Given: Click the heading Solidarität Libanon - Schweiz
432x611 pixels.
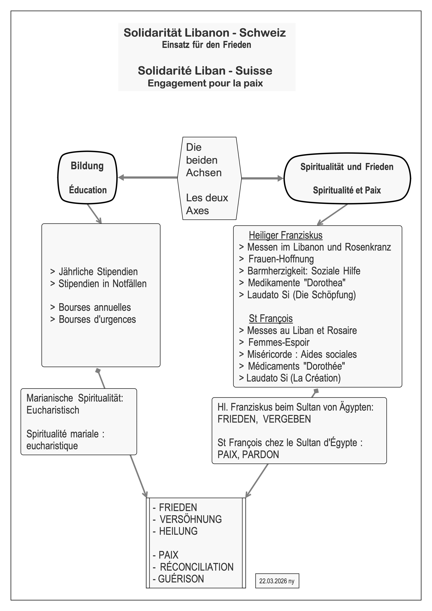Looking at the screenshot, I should point(205,33).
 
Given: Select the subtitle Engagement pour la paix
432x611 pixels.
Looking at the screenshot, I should point(205,83).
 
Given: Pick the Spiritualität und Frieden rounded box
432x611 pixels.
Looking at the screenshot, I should point(347,178).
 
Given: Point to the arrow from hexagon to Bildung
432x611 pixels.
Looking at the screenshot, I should point(148,177).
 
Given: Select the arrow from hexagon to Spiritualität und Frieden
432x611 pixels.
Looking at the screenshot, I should point(262,178).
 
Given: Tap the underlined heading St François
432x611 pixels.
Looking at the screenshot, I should point(271,318).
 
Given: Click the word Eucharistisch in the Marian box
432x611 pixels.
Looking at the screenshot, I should point(53,410).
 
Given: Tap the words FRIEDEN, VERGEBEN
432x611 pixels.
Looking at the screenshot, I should point(264,419).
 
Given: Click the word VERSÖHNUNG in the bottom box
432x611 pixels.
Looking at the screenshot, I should point(191,519).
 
